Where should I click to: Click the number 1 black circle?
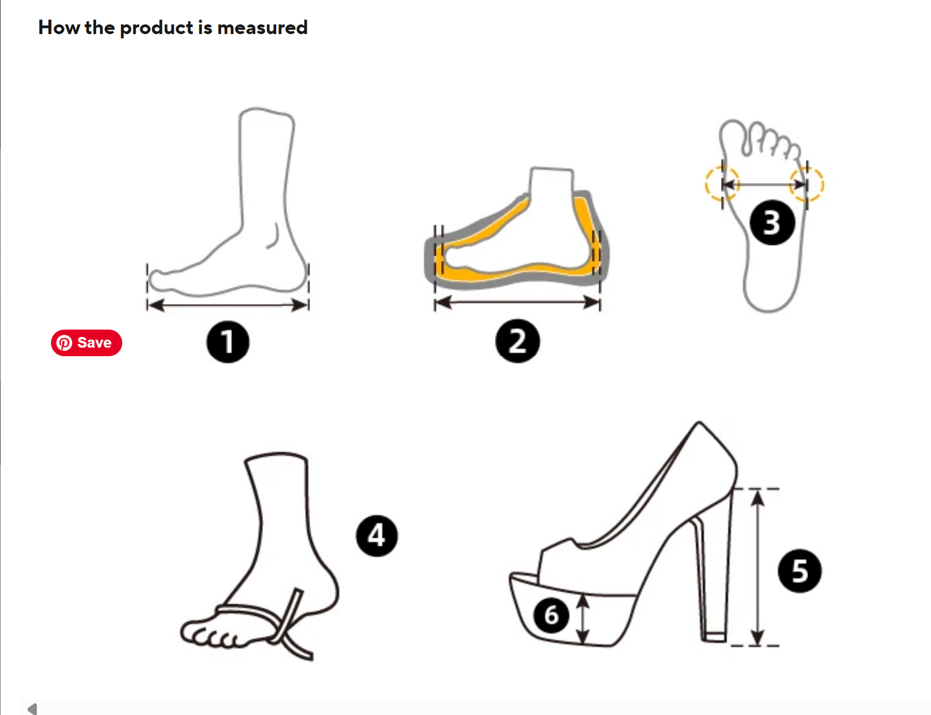click(x=228, y=342)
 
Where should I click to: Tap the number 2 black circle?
click(x=517, y=341)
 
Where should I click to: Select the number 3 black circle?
click(x=772, y=222)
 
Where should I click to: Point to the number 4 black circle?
click(x=377, y=536)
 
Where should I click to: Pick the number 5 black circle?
click(x=799, y=570)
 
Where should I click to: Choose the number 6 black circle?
click(x=551, y=616)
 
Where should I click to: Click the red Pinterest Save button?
click(x=86, y=343)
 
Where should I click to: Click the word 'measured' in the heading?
click(x=262, y=28)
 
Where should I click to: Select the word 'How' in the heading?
click(x=59, y=28)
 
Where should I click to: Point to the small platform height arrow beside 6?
click(x=582, y=619)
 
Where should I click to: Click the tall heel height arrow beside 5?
click(x=757, y=567)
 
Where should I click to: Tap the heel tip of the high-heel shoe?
click(x=715, y=637)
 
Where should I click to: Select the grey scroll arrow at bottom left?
click(x=32, y=709)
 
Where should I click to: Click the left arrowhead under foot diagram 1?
click(x=156, y=305)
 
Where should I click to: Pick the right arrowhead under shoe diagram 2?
click(x=591, y=302)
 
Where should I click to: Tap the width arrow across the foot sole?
click(x=764, y=184)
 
